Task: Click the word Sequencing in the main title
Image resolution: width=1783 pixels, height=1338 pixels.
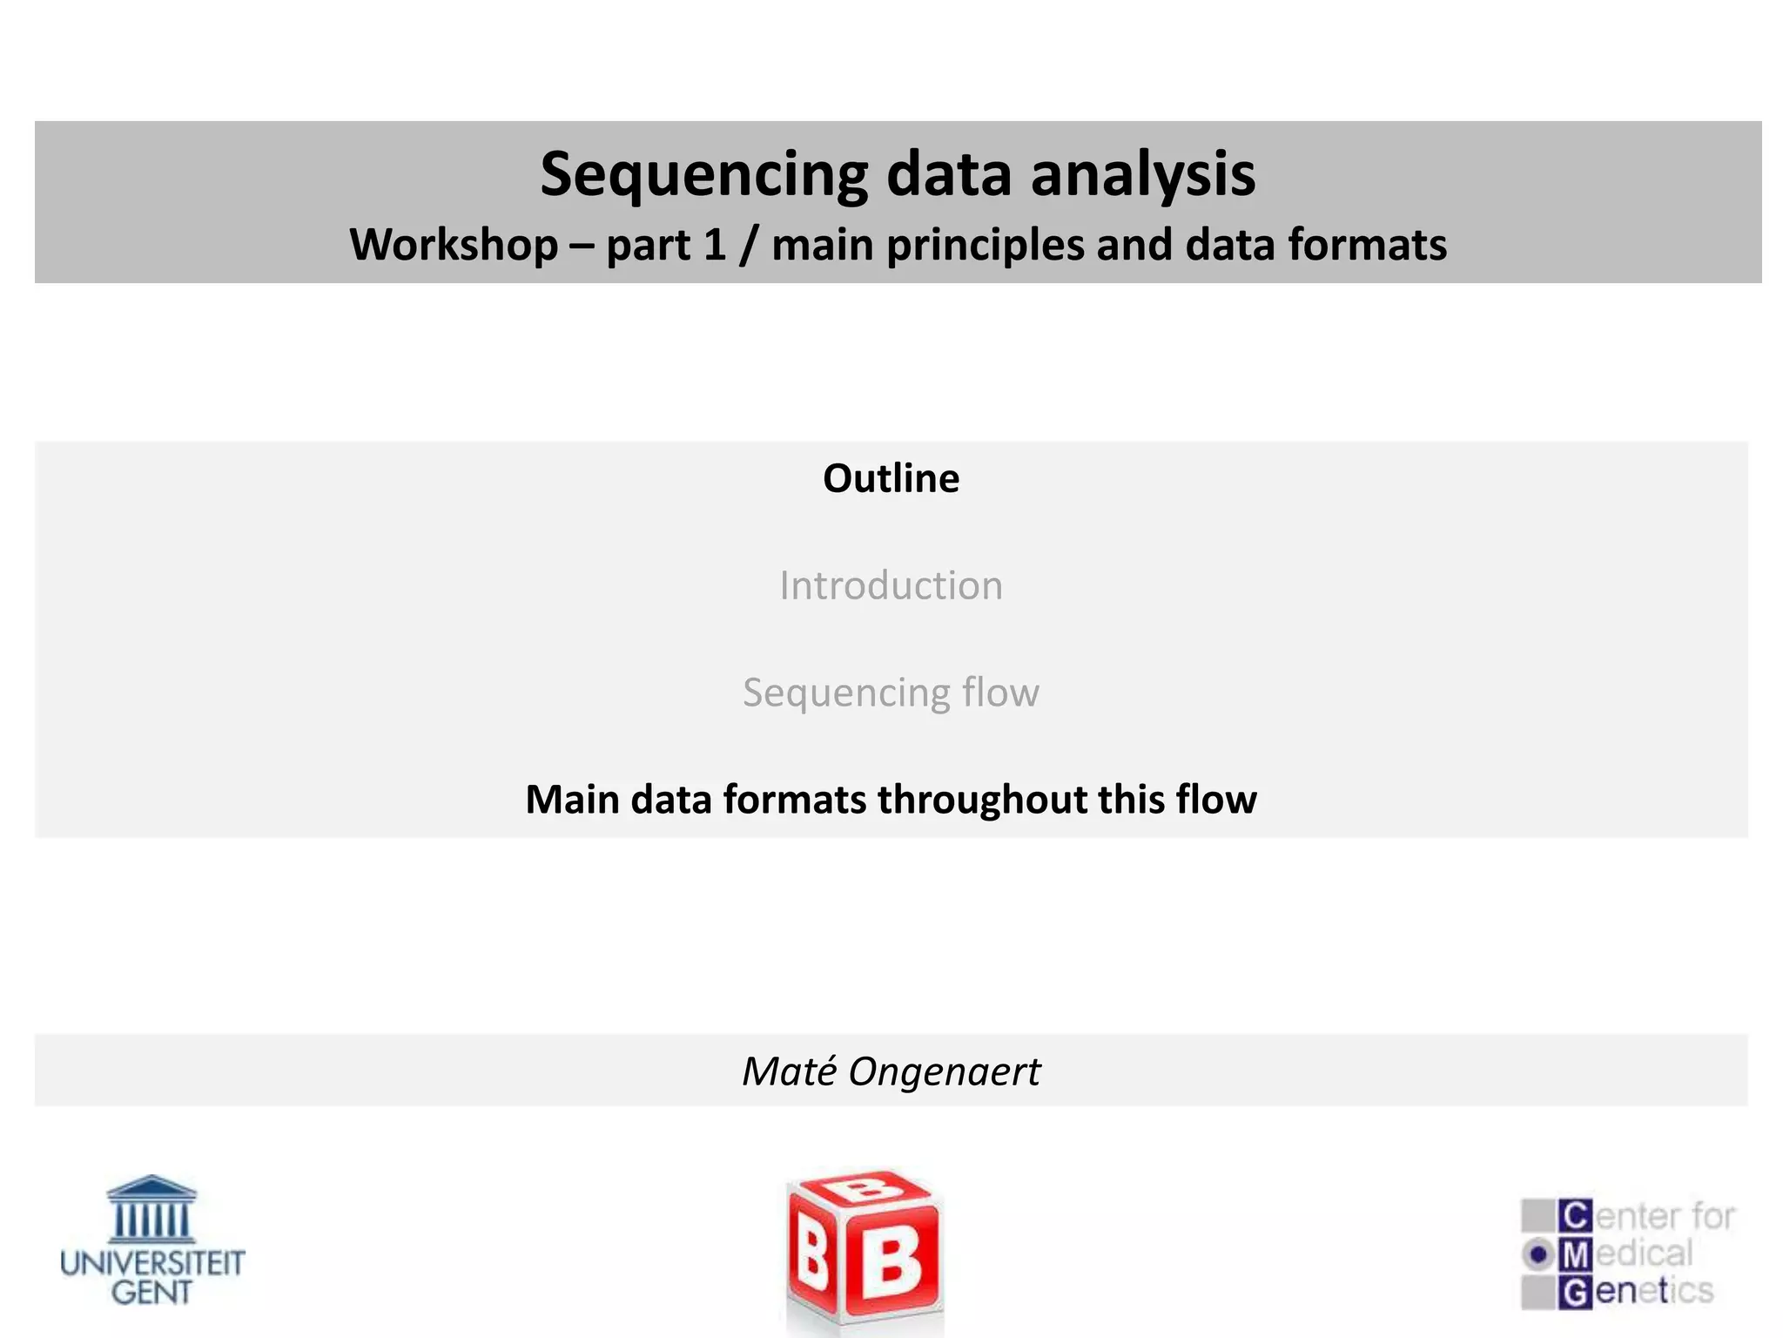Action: click(703, 175)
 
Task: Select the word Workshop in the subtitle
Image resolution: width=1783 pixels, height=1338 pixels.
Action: click(454, 245)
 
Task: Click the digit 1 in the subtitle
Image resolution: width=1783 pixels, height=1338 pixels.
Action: click(715, 245)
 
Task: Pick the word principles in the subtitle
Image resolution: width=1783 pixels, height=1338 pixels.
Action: click(985, 245)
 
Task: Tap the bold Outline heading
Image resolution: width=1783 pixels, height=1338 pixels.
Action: click(891, 478)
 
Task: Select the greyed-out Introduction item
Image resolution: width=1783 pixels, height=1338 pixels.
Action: click(891, 585)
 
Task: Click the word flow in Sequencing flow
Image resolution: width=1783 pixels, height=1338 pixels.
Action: click(1000, 693)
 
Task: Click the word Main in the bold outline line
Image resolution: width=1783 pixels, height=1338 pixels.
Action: click(573, 800)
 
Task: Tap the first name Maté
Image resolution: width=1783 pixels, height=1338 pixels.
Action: click(790, 1071)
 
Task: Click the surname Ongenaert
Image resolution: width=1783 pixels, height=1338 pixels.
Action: click(944, 1071)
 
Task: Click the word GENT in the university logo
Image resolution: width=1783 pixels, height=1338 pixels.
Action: click(151, 1293)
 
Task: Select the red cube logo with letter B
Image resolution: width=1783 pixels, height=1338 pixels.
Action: click(864, 1250)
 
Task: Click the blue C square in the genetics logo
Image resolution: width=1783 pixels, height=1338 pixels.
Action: click(1576, 1215)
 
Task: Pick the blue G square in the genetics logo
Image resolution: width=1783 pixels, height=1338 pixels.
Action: click(1576, 1292)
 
